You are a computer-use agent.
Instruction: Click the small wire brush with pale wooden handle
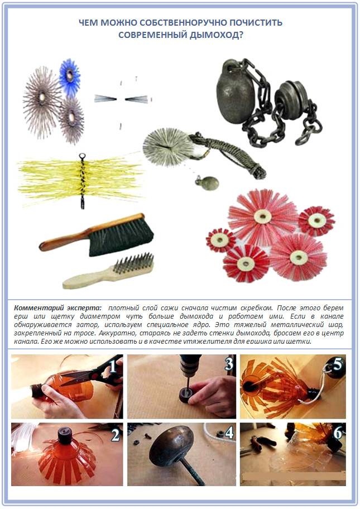tap(109, 271)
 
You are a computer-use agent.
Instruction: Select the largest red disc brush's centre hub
tap(262, 216)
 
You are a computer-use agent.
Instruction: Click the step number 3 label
tap(229, 364)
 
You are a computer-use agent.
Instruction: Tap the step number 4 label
tap(229, 433)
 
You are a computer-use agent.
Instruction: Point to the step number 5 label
tap(338, 364)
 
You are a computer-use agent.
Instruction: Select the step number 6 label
tap(338, 433)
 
